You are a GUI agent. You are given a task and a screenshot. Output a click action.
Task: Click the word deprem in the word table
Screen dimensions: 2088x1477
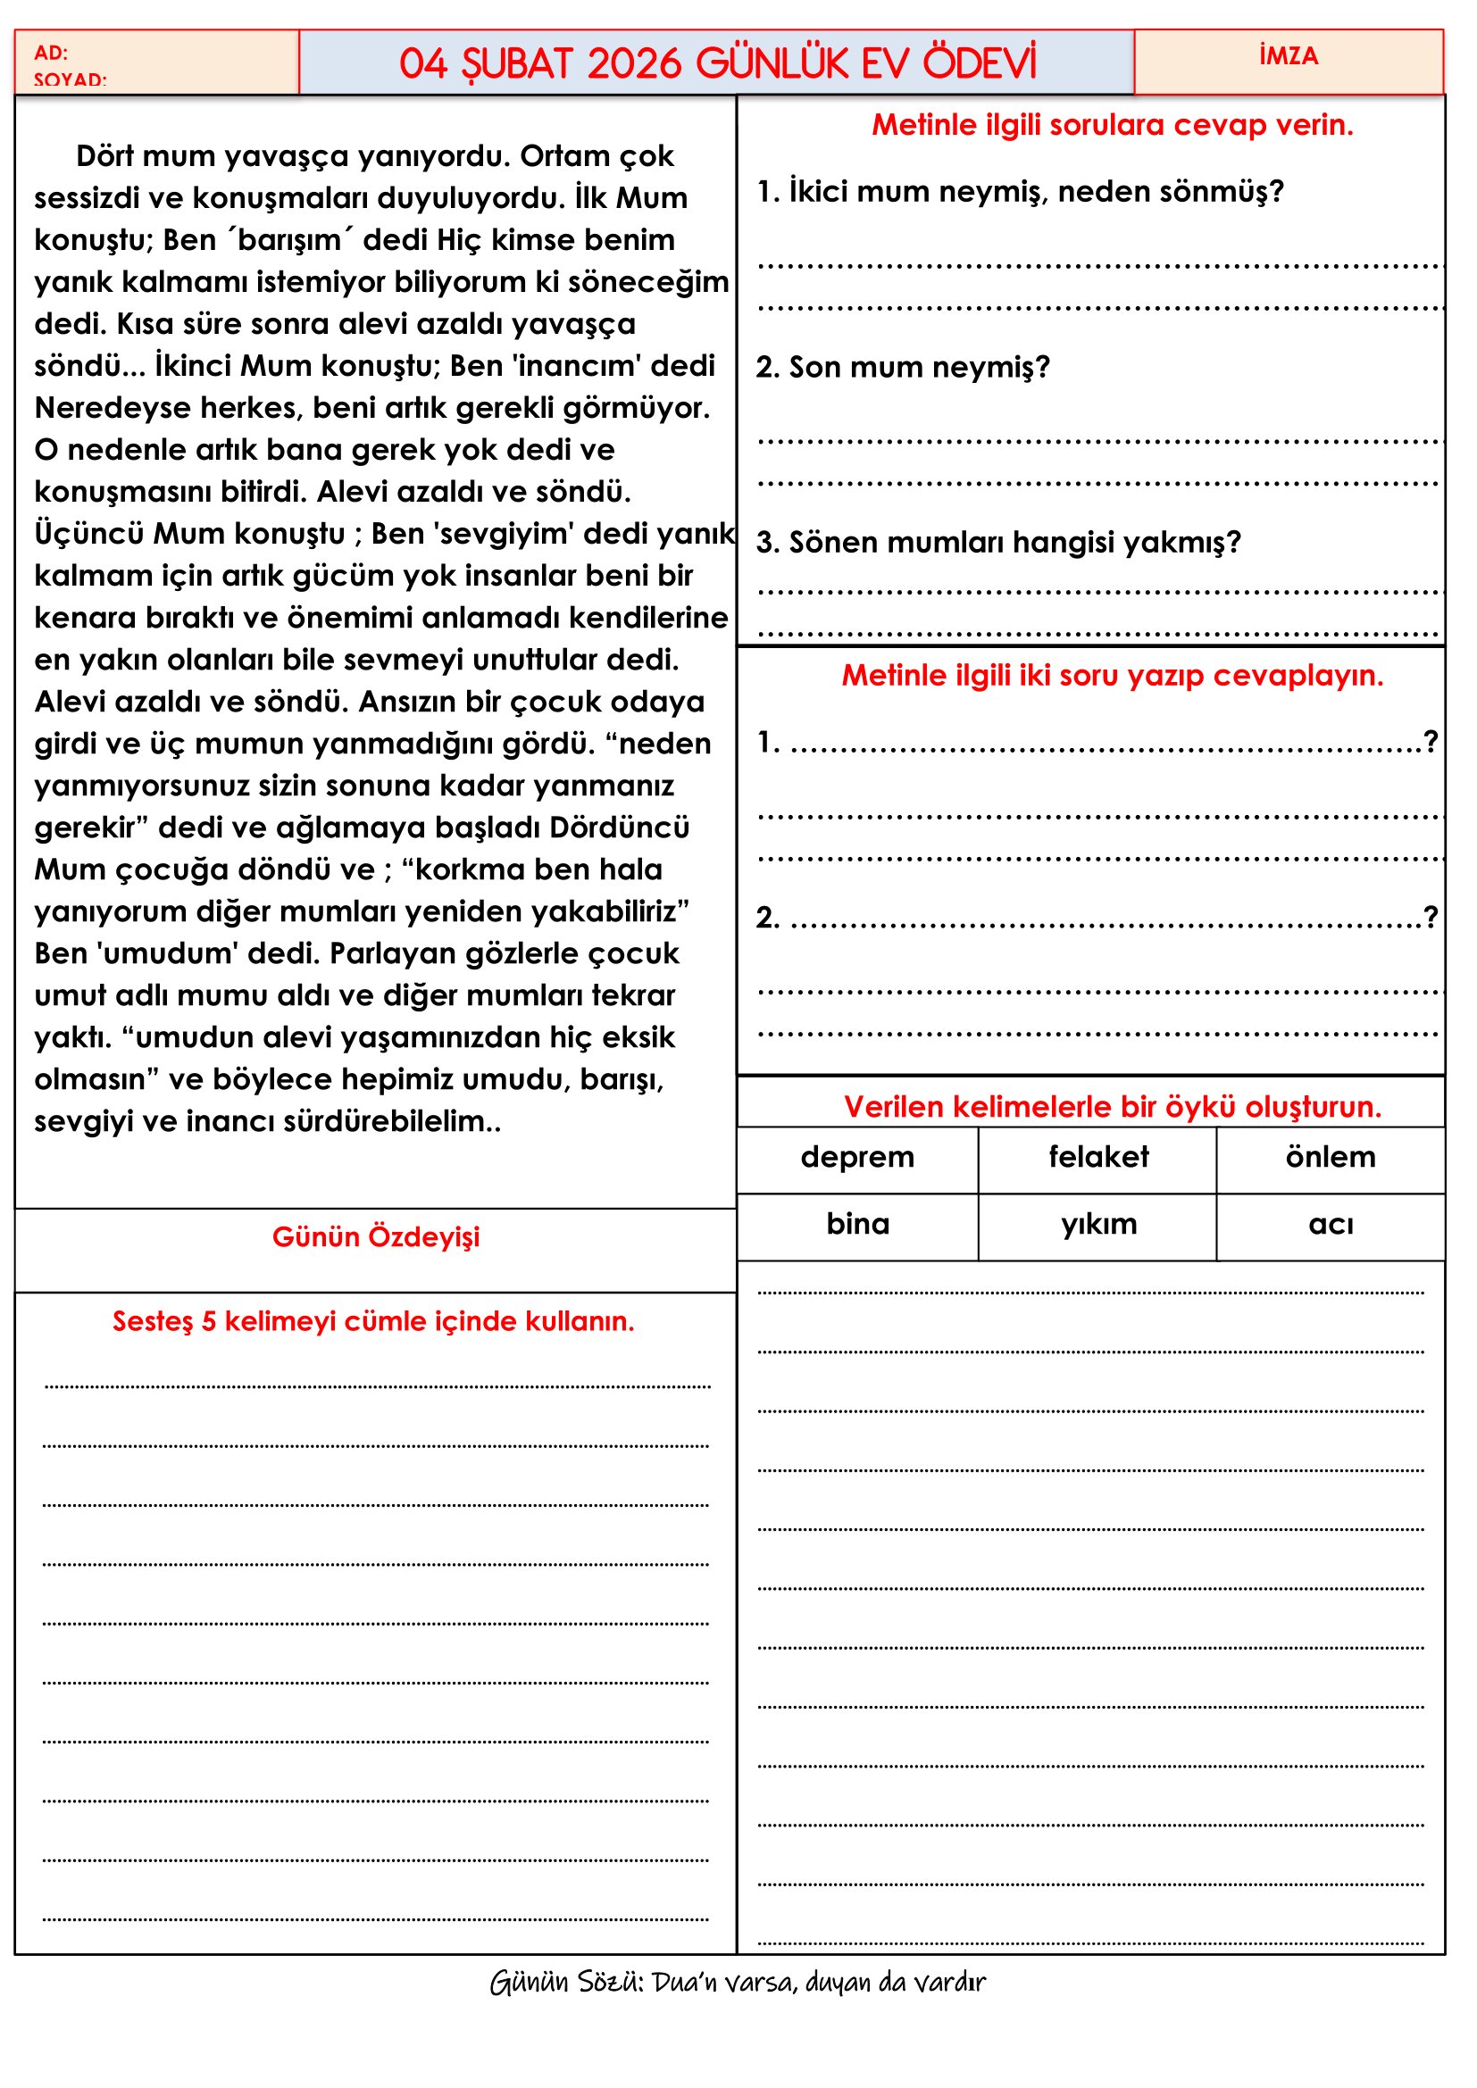click(x=856, y=1157)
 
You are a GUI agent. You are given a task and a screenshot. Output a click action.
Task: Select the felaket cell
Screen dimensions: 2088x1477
click(x=1097, y=1157)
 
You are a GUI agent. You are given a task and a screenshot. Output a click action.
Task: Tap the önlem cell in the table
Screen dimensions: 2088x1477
click(x=1330, y=1157)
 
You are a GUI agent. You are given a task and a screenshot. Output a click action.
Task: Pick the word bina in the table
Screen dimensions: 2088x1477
click(x=856, y=1224)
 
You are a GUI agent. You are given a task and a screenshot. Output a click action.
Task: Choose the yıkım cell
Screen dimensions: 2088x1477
click(x=1097, y=1224)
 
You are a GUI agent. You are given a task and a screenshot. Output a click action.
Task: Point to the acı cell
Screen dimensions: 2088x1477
click(x=1330, y=1225)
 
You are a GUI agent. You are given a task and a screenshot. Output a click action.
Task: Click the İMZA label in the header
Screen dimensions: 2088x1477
click(x=1288, y=56)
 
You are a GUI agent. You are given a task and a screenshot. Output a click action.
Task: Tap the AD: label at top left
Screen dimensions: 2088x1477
click(x=51, y=53)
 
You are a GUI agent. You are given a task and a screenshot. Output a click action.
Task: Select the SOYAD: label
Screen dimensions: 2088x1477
click(x=70, y=80)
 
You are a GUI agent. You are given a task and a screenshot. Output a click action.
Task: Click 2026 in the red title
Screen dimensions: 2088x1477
click(x=634, y=63)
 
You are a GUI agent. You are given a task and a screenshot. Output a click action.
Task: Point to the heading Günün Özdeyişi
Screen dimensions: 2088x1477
click(x=376, y=1236)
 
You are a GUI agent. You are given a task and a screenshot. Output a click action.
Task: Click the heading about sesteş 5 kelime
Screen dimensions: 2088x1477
click(x=373, y=1320)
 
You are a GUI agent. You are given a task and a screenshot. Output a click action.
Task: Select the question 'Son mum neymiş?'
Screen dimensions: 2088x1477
click(x=902, y=367)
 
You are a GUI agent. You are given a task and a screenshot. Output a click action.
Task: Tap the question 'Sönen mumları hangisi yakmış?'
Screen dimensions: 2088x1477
click(x=997, y=542)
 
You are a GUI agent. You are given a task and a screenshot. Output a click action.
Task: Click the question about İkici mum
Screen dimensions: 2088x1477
click(x=1020, y=191)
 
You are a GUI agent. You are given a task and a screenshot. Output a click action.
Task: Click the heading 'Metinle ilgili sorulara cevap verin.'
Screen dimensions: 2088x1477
click(x=1113, y=125)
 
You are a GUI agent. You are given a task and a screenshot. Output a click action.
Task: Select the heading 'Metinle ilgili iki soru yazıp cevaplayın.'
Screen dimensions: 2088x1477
click(x=1113, y=675)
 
